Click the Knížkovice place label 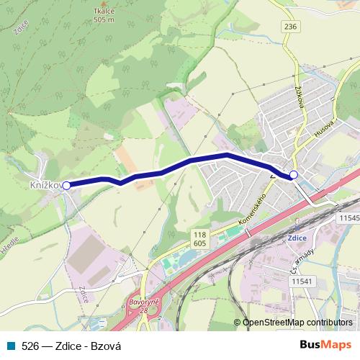pyautogui.click(x=45, y=186)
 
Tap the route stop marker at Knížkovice pyautogui.click(x=66, y=185)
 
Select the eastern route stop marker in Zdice pyautogui.click(x=294, y=175)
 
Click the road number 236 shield pyautogui.click(x=290, y=27)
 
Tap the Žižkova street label pyautogui.click(x=298, y=91)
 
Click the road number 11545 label pyautogui.click(x=348, y=217)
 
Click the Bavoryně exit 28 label pyautogui.click(x=143, y=303)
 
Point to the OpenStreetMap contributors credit pyautogui.click(x=297, y=323)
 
